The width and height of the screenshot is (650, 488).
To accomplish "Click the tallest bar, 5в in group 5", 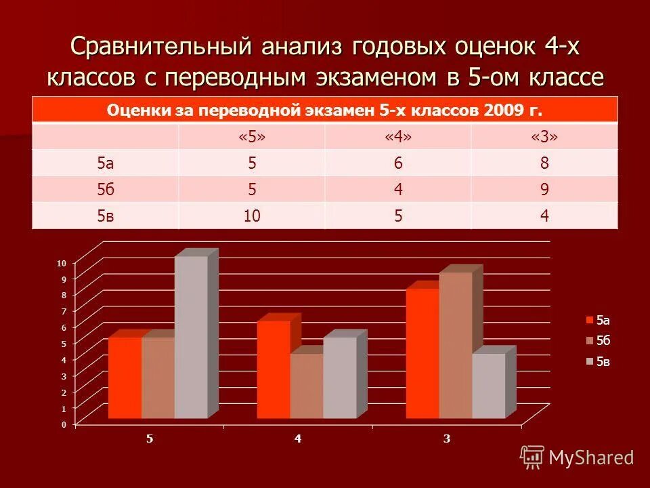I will [191, 337].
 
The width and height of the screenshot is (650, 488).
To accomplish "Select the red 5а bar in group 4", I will [274, 369].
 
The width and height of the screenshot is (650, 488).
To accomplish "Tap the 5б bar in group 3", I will [455, 346].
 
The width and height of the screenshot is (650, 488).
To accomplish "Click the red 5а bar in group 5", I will [125, 378].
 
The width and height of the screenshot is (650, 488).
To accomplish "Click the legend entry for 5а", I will [599, 320].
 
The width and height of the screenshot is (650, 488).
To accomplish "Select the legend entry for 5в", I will [599, 362].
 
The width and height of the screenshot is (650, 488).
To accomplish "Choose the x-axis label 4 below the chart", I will [298, 439].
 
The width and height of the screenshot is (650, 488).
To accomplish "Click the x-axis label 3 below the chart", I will [447, 439].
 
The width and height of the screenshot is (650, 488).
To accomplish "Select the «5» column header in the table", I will [251, 137].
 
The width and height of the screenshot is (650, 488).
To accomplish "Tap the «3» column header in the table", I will [544, 137].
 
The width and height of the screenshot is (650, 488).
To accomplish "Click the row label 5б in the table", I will [105, 190].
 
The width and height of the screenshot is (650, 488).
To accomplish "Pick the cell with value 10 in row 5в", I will [251, 216].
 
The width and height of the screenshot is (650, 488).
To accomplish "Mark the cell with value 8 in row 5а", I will [544, 163].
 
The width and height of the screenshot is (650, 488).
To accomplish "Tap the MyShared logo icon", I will [532, 457].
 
